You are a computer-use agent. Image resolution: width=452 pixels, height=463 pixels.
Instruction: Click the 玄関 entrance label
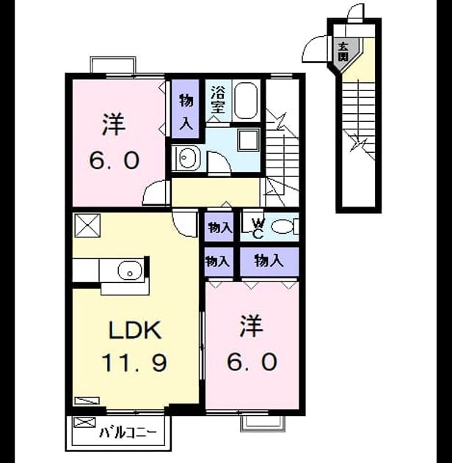tap(343, 51)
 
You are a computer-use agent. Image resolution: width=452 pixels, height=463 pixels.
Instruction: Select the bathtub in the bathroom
tap(245, 101)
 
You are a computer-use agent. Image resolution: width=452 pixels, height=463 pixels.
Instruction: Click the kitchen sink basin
tap(130, 270)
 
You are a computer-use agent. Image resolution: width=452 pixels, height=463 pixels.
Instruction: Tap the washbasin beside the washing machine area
tap(186, 157)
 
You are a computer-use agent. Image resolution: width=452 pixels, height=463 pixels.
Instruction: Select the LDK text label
tap(135, 330)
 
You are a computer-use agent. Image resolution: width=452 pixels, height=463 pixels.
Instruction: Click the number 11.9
tap(135, 363)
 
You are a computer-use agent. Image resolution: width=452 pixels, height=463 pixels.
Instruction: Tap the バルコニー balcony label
tap(128, 433)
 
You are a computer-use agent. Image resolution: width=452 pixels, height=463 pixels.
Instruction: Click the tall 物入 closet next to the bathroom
tap(186, 109)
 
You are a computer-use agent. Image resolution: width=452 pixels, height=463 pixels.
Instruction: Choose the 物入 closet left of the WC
tap(219, 228)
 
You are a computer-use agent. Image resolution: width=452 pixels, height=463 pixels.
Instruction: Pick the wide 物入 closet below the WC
tap(269, 262)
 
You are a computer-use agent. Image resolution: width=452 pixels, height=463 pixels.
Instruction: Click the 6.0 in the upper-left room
tap(114, 160)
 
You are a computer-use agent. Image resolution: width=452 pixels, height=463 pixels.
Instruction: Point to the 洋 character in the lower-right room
tap(251, 326)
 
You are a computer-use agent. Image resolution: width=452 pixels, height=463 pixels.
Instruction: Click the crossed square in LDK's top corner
tap(87, 226)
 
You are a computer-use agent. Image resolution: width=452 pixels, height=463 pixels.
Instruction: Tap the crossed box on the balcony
tap(84, 422)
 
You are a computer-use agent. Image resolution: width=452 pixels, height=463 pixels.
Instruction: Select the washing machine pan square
tap(249, 140)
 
